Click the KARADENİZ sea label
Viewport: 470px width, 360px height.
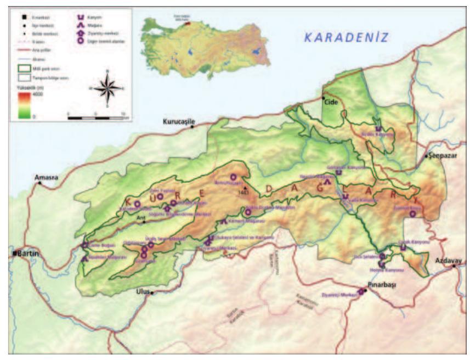346,38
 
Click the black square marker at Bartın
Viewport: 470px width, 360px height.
14,254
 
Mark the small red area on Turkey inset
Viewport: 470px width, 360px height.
188,24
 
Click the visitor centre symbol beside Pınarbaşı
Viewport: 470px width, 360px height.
361,291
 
